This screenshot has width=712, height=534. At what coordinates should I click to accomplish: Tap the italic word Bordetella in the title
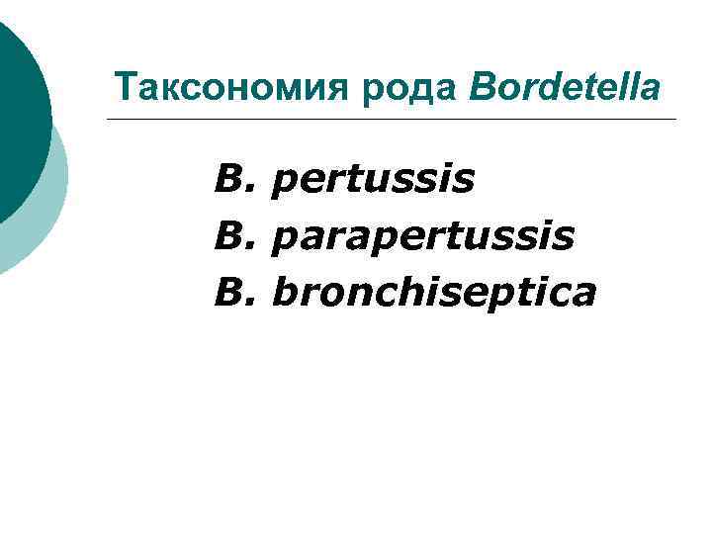tap(565, 87)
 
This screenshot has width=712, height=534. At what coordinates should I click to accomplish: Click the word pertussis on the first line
tap(372, 181)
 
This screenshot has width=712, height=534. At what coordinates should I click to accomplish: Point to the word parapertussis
tap(421, 236)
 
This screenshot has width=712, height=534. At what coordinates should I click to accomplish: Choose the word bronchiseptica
tap(433, 292)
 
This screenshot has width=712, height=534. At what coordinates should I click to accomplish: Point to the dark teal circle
tap(20, 109)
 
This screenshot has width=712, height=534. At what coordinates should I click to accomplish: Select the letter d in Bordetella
tap(542, 87)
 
